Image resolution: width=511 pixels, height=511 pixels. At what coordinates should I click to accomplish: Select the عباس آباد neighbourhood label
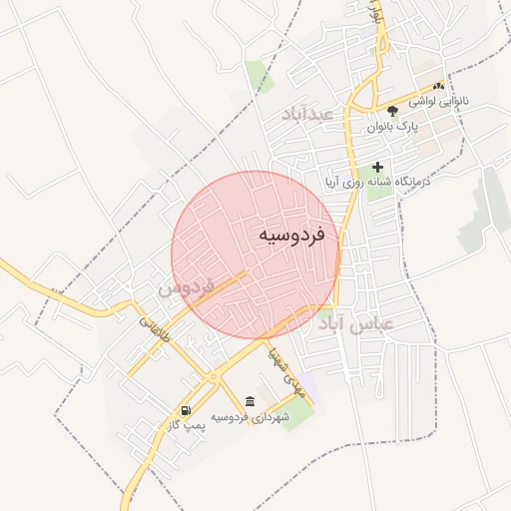pyautogui.click(x=356, y=324)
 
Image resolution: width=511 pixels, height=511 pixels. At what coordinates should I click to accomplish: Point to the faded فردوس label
pyautogui.click(x=187, y=289)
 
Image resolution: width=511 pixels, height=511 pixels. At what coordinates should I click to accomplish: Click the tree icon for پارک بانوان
pyautogui.click(x=392, y=111)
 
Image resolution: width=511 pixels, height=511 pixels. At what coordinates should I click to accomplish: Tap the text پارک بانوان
pyautogui.click(x=392, y=128)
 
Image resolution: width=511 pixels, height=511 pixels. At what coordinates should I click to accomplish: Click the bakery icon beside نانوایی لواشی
pyautogui.click(x=439, y=88)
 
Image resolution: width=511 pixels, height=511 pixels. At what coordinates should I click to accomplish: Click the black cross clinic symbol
pyautogui.click(x=377, y=167)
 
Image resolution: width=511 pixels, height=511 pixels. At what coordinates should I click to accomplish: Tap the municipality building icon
pyautogui.click(x=249, y=401)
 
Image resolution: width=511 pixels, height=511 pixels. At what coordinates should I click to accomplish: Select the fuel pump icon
pyautogui.click(x=186, y=410)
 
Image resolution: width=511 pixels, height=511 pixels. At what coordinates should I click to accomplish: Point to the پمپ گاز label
pyautogui.click(x=187, y=426)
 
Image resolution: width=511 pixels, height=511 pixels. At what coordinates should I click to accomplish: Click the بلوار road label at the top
pyautogui.click(x=375, y=12)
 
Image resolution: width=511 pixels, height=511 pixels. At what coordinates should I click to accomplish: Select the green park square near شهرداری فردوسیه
pyautogui.click(x=298, y=414)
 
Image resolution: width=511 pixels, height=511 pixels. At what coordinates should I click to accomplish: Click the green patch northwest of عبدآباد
pyautogui.click(x=258, y=76)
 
